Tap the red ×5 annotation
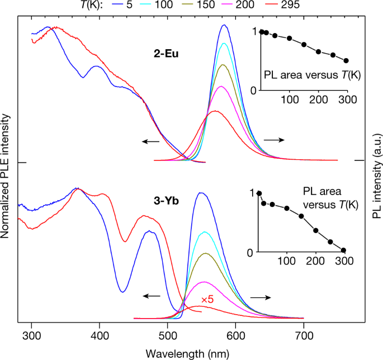click(x=207, y=300)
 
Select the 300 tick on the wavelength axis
click(x=32, y=335)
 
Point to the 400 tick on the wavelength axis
click(x=100, y=335)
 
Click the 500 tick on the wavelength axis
click(x=168, y=335)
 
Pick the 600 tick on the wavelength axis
click(x=235, y=335)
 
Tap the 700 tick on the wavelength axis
click(x=303, y=335)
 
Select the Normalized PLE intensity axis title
click(x=6, y=176)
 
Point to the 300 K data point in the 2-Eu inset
click(x=346, y=61)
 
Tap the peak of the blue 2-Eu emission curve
click(x=224, y=25)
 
